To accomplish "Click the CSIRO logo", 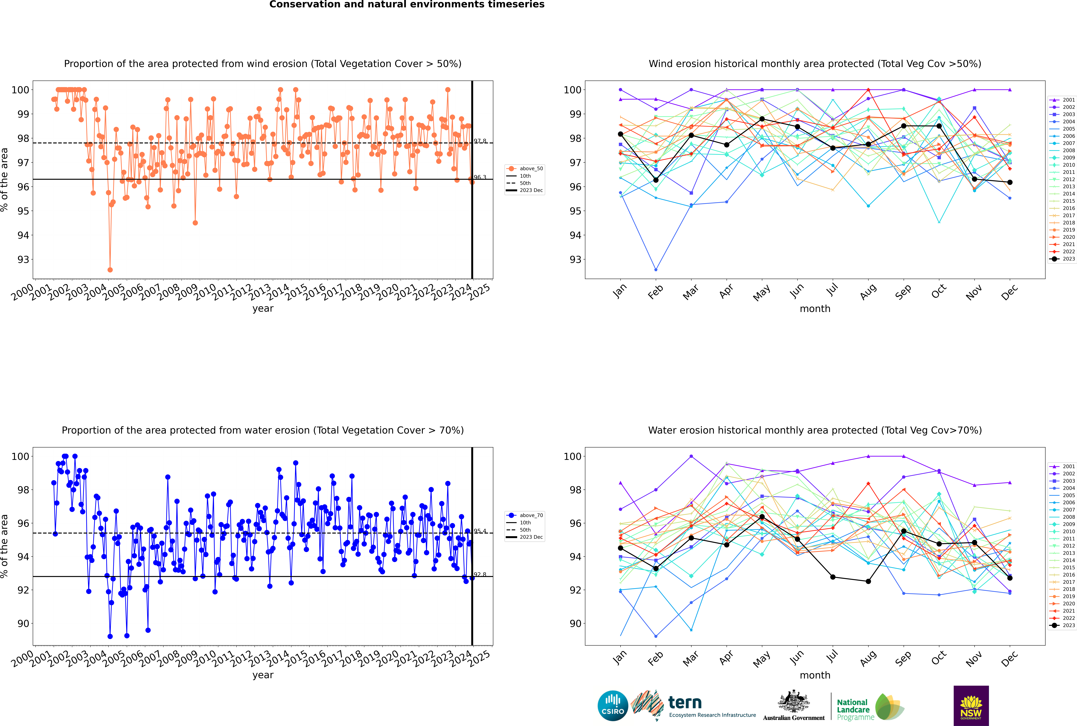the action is point(613,706).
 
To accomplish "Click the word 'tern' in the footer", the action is point(685,703).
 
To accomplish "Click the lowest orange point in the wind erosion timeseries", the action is point(110,269).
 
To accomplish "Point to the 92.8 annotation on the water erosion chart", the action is point(480,575).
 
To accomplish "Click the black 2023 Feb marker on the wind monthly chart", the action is point(656,180).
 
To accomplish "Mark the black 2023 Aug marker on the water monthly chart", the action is point(868,581).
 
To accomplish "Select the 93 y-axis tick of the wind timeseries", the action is point(23,259).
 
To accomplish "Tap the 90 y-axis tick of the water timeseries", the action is point(23,623).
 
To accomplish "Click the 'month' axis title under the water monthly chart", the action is point(815,675).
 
